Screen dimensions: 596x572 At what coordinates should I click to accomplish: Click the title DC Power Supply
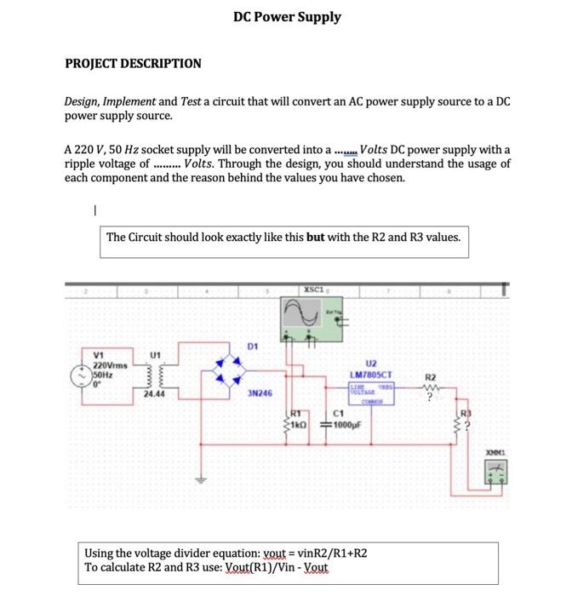pos(287,17)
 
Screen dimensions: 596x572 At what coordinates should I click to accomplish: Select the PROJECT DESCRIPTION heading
pos(134,64)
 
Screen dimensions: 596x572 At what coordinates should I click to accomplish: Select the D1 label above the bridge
pos(253,347)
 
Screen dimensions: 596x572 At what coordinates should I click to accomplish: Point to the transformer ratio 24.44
pos(154,395)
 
